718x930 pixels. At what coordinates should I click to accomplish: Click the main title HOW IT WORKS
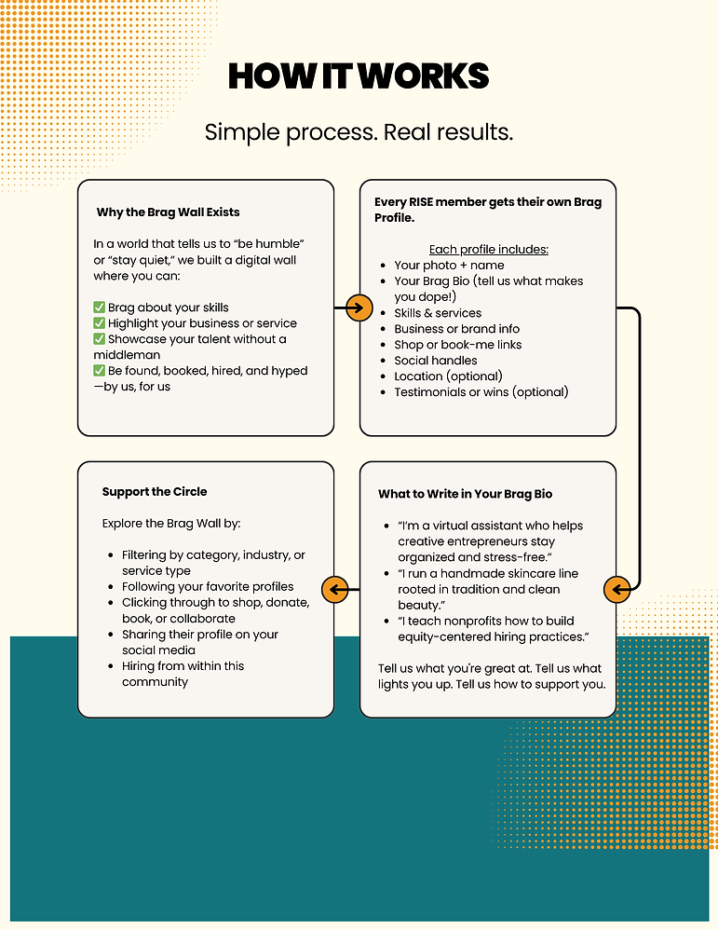[359, 76]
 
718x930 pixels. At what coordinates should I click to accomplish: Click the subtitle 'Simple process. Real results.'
[359, 131]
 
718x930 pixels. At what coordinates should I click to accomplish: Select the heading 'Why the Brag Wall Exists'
[168, 212]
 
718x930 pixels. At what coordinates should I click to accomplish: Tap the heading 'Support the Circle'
[155, 491]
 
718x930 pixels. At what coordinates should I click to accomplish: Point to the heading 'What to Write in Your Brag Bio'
[466, 494]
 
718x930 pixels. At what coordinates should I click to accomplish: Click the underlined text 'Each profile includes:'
[488, 249]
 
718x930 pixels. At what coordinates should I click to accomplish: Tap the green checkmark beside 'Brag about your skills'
[100, 308]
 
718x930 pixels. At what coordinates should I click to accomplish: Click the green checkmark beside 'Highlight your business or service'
[100, 323]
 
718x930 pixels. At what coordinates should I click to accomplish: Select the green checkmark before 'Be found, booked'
[100, 371]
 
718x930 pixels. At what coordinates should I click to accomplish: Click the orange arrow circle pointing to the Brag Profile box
[359, 308]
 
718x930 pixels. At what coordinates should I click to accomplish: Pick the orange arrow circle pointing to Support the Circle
[334, 589]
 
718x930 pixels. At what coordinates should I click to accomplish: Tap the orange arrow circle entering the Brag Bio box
[616, 589]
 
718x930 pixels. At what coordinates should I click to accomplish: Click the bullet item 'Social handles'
[435, 361]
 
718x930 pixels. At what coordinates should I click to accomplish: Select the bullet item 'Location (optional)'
[448, 376]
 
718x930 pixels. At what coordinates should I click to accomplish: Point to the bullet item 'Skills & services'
[438, 313]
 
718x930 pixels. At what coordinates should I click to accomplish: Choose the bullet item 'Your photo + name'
[449, 266]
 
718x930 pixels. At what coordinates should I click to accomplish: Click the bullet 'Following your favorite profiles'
[208, 587]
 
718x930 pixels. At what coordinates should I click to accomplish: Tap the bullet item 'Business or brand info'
[456, 329]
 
